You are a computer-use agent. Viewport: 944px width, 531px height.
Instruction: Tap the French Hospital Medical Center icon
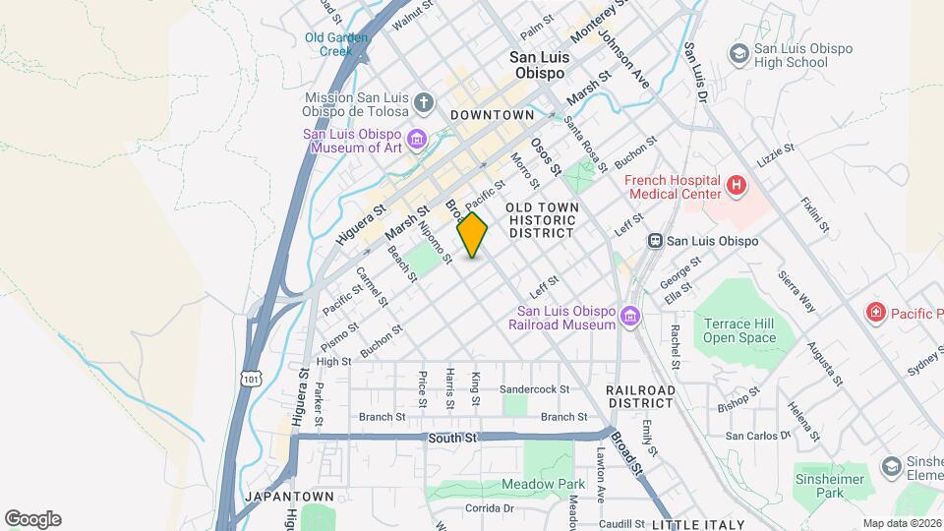(x=735, y=185)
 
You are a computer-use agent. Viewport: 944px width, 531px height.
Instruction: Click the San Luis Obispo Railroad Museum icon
(x=629, y=318)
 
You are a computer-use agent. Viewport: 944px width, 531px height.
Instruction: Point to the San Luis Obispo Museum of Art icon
(x=417, y=140)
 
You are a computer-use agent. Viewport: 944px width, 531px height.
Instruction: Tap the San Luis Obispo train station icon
(x=654, y=241)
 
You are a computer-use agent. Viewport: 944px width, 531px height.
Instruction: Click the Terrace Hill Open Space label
(x=739, y=330)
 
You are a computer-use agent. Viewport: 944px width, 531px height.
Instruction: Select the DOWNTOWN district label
(x=492, y=115)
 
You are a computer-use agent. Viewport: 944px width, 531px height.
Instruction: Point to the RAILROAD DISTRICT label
(x=641, y=397)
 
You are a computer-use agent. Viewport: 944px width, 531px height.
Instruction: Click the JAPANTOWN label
(x=283, y=497)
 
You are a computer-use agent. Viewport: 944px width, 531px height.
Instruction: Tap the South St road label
(x=453, y=437)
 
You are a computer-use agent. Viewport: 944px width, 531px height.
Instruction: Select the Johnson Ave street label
(x=624, y=59)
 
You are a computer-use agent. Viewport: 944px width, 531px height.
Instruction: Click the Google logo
(x=32, y=519)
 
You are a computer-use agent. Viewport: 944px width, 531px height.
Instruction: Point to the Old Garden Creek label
(x=335, y=44)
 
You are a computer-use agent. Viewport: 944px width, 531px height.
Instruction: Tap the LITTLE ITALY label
(x=698, y=524)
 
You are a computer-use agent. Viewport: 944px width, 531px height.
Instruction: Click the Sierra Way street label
(x=796, y=291)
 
